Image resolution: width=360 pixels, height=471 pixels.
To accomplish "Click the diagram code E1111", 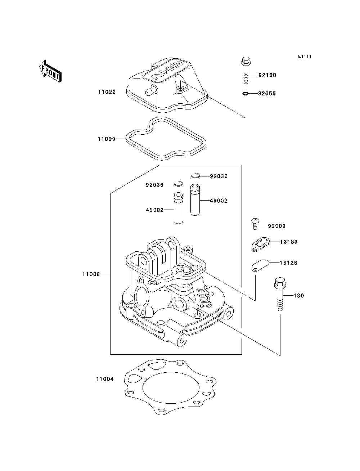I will pyautogui.click(x=304, y=57).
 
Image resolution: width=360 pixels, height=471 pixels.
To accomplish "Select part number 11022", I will pyautogui.click(x=107, y=92).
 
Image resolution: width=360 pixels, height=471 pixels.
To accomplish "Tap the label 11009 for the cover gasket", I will pyautogui.click(x=106, y=139).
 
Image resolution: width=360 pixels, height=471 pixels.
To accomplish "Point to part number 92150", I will pyautogui.click(x=267, y=75).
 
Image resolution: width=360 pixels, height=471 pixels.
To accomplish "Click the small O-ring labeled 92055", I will pyautogui.click(x=246, y=94).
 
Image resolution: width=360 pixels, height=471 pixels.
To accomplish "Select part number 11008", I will pyautogui.click(x=91, y=274).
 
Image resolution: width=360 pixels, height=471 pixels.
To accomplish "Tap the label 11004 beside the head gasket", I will pyautogui.click(x=105, y=379).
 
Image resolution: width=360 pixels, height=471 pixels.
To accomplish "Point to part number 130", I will pyautogui.click(x=299, y=296).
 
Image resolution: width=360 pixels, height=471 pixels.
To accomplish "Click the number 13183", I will pyautogui.click(x=289, y=242).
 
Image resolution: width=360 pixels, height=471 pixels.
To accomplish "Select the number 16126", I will pyautogui.click(x=289, y=263).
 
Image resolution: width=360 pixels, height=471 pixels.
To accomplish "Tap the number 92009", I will pyautogui.click(x=276, y=226).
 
